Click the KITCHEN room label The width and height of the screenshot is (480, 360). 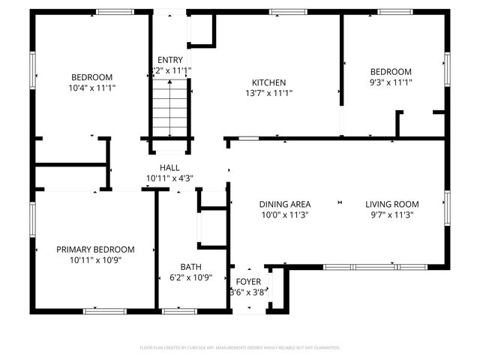tap(268, 82)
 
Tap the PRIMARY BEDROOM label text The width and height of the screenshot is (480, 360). tap(95, 249)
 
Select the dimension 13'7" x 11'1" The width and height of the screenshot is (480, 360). tap(268, 94)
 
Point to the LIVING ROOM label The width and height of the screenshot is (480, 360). tap(391, 204)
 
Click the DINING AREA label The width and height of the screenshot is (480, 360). tap(285, 204)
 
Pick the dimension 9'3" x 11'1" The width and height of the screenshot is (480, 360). tap(392, 82)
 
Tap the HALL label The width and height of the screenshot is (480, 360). tap(169, 167)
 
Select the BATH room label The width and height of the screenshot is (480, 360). tap(190, 266)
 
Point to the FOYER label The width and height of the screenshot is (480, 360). tap(248, 282)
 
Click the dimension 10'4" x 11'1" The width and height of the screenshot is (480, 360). tap(91, 88)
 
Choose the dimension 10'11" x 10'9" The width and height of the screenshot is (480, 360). tap(95, 260)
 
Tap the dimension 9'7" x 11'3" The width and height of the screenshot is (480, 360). tap(391, 214)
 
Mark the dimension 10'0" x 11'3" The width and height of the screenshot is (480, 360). tap(285, 214)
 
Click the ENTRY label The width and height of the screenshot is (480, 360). tap(169, 60)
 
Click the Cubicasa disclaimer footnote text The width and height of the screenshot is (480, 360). tap(240, 347)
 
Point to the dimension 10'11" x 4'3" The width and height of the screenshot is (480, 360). tap(169, 178)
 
